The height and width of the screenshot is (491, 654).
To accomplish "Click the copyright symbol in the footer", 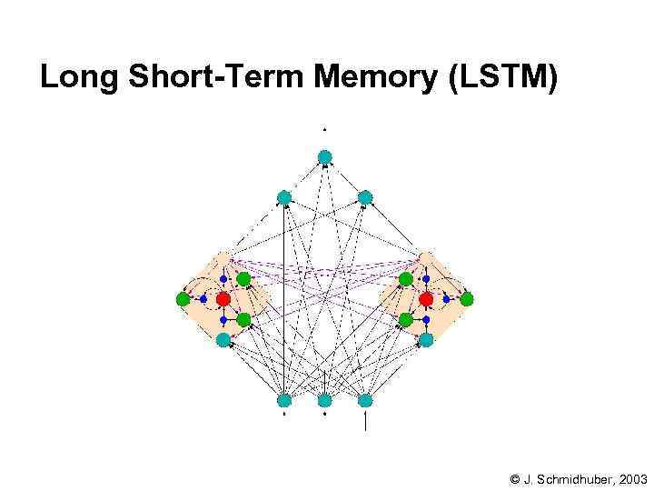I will click(514, 478).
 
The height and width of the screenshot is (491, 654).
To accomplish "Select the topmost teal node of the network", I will click(325, 156).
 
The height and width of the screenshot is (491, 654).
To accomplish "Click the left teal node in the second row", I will click(284, 196).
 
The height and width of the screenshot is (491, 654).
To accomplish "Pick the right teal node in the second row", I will click(365, 196).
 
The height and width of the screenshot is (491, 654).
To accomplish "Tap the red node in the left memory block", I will click(223, 298).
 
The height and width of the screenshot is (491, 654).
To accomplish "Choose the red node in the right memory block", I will click(426, 298).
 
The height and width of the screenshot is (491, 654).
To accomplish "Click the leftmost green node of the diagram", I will click(183, 298).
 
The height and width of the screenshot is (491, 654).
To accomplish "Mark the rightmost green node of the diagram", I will click(467, 298).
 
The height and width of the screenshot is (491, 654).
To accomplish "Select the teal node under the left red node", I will click(223, 339).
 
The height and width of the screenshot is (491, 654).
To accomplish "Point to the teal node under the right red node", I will click(426, 339).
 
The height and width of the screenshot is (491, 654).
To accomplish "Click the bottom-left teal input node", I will click(284, 400).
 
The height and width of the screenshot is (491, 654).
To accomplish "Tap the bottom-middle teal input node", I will click(325, 400).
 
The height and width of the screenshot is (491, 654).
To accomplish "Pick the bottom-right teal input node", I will click(365, 400).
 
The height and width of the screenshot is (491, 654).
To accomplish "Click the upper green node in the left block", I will click(243, 278).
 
